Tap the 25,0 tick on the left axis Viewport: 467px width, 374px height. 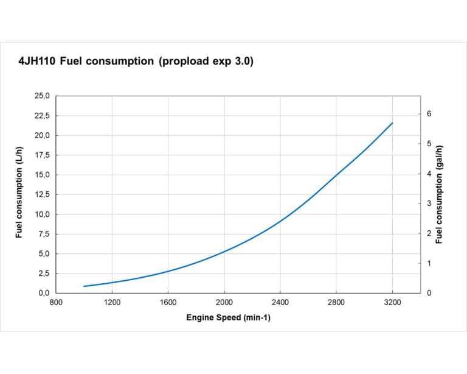point(43,96)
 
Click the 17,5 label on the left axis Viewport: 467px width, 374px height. point(43,155)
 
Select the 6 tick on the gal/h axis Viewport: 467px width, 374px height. point(429,114)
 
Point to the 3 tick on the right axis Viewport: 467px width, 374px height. point(429,203)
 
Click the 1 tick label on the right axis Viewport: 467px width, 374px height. point(429,263)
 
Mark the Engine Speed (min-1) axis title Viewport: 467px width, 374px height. point(228,318)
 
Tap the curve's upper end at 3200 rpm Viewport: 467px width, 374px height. point(393,123)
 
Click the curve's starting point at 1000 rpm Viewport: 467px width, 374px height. point(84,286)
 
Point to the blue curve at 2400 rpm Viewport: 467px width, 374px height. point(280,221)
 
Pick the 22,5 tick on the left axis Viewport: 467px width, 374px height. point(43,116)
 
